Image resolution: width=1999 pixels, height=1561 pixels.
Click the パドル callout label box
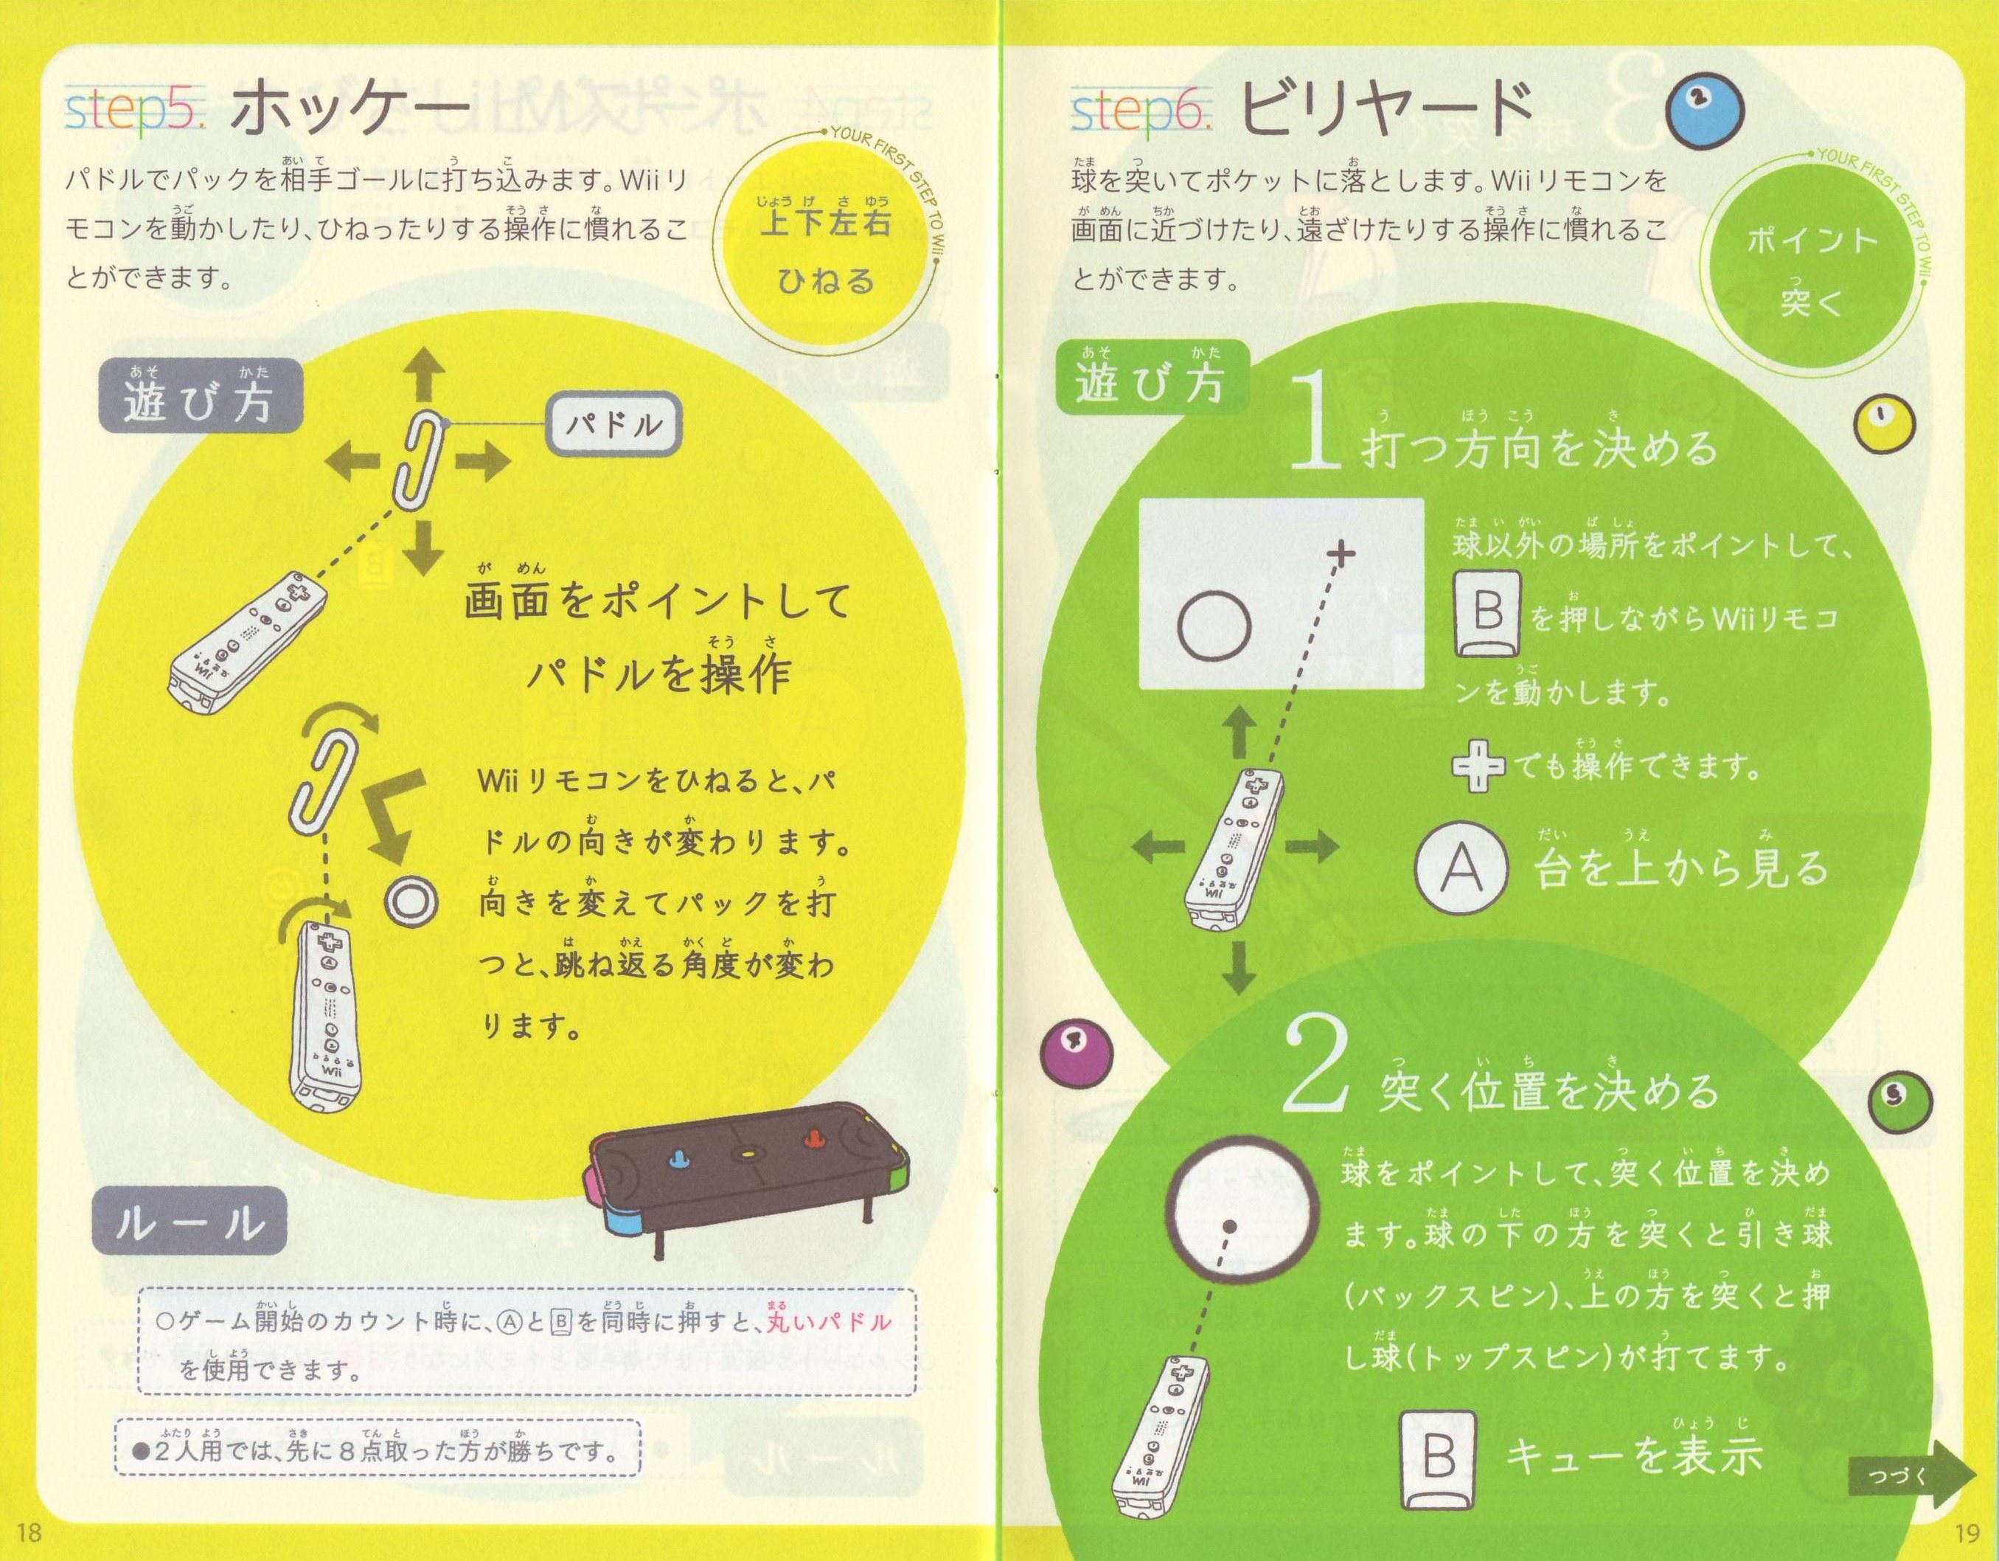click(x=613, y=424)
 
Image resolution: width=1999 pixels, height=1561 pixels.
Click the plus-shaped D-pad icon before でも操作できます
click(x=1477, y=766)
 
